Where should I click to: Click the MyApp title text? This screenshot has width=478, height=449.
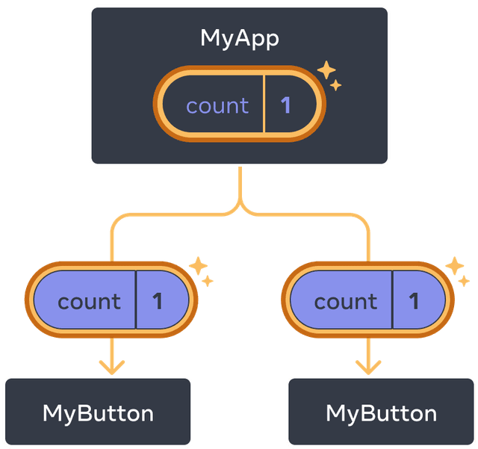pyautogui.click(x=239, y=39)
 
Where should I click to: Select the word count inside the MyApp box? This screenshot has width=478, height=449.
pyautogui.click(x=217, y=105)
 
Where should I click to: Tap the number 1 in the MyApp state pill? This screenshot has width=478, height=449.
pyautogui.click(x=285, y=105)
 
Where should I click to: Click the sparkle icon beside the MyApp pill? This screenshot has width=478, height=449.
pyautogui.click(x=329, y=76)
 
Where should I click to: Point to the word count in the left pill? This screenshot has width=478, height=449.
pyautogui.click(x=89, y=301)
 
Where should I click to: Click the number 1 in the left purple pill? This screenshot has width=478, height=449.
pyautogui.click(x=157, y=301)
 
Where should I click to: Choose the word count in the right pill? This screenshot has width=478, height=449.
pyautogui.click(x=345, y=301)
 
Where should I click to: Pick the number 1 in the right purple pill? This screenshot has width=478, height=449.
pyautogui.click(x=414, y=301)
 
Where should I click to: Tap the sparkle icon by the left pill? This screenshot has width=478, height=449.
pyautogui.click(x=201, y=272)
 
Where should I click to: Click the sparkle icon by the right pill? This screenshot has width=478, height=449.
pyautogui.click(x=457, y=272)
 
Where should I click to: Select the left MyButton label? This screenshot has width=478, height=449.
pyautogui.click(x=98, y=413)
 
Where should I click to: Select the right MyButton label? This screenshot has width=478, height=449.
pyautogui.click(x=381, y=413)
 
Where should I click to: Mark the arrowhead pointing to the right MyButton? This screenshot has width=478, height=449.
pyautogui.click(x=367, y=368)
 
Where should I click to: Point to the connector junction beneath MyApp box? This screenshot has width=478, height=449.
pyautogui.click(x=239, y=203)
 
